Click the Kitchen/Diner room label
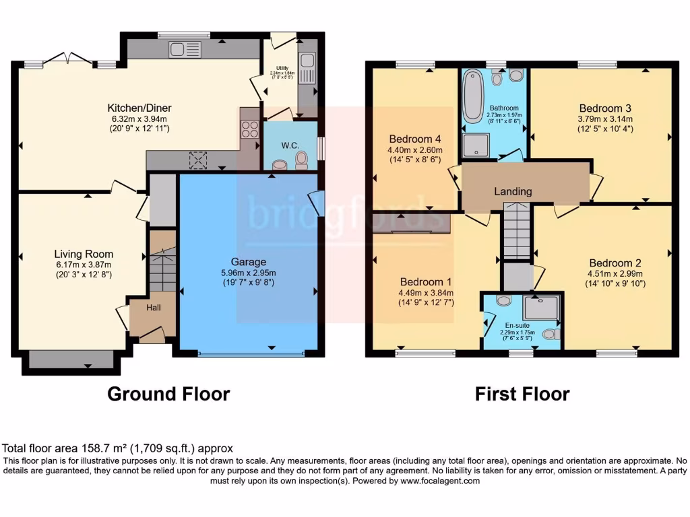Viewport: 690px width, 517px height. click(139, 108)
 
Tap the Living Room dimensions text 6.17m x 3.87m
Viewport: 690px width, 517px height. click(84, 265)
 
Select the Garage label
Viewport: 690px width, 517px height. click(249, 262)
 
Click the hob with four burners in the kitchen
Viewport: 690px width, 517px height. click(250, 128)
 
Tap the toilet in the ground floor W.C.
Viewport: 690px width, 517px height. click(301, 160)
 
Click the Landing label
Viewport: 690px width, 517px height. click(513, 191)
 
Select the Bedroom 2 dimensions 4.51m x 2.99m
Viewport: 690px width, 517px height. click(615, 273)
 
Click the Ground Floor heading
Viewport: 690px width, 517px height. click(168, 394)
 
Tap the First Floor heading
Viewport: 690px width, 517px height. click(522, 394)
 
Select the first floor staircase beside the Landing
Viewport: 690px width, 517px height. click(517, 233)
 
